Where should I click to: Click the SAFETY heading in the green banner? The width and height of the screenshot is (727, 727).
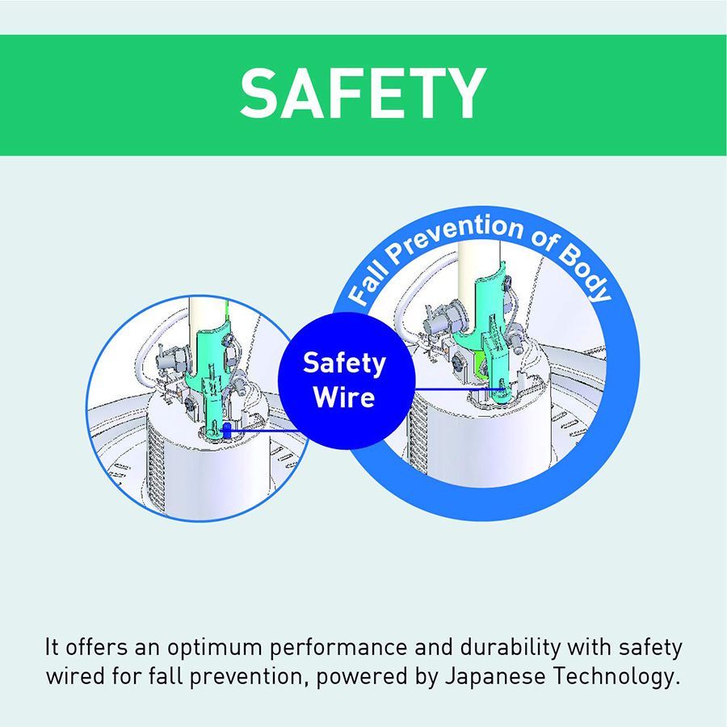363,93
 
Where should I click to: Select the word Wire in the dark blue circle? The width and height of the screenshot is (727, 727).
344,397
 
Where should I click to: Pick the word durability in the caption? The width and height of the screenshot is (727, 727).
510,646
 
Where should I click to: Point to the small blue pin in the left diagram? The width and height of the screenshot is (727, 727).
227,430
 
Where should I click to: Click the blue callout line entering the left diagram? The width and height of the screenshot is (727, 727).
263,431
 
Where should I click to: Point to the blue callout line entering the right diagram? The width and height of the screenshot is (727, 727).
458,389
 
